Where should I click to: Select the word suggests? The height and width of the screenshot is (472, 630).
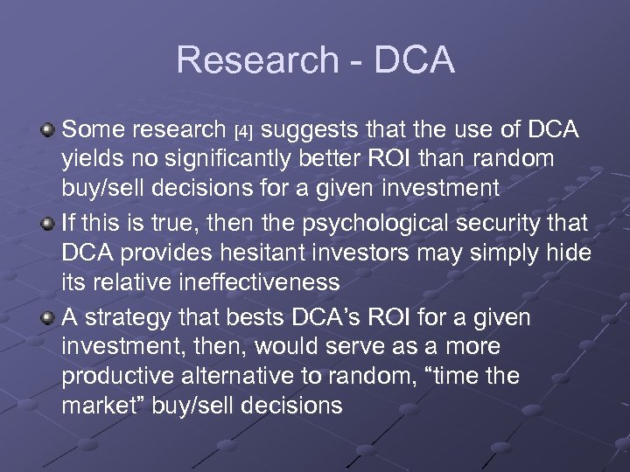pos(304,131)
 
